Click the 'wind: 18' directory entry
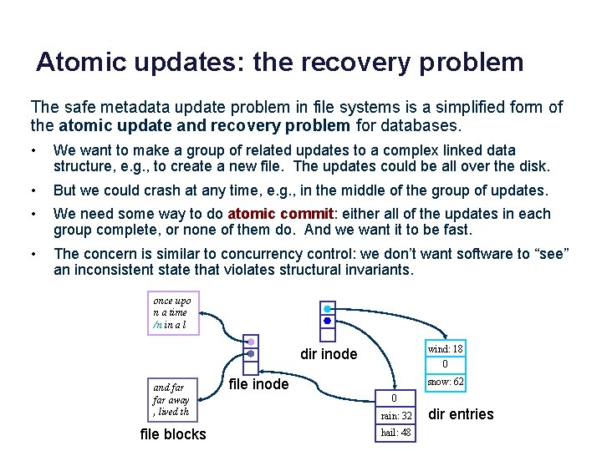point(445,348)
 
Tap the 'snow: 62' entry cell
point(445,382)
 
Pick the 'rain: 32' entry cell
point(395,415)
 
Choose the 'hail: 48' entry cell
point(395,432)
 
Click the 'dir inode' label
point(329,355)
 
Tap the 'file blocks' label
point(174,434)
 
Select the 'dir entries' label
point(461,414)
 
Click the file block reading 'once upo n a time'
point(173,312)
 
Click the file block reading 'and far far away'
point(172,399)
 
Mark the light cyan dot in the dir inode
point(327,308)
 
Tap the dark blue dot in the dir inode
point(327,320)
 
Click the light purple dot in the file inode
point(251,342)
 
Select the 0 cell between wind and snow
point(445,365)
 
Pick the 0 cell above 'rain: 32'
point(395,398)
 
